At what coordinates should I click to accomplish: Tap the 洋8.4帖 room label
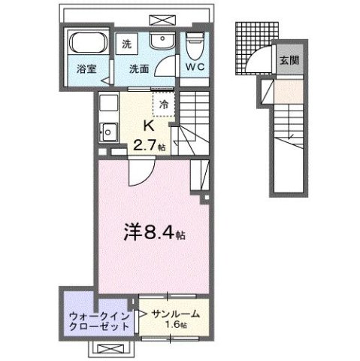(x=155, y=235)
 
